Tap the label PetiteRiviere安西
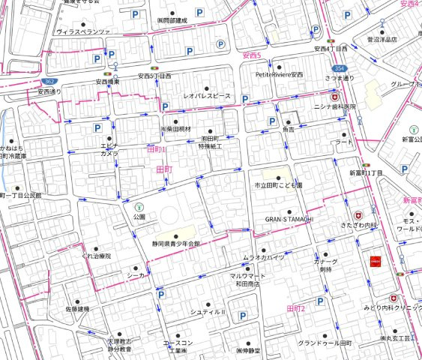point(280,75)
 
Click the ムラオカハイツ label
point(263,258)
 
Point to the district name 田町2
point(297,308)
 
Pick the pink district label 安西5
point(252,55)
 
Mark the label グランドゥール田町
point(325,343)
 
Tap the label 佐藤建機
point(77,308)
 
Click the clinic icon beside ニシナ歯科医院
point(337,97)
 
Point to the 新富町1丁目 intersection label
point(367,173)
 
